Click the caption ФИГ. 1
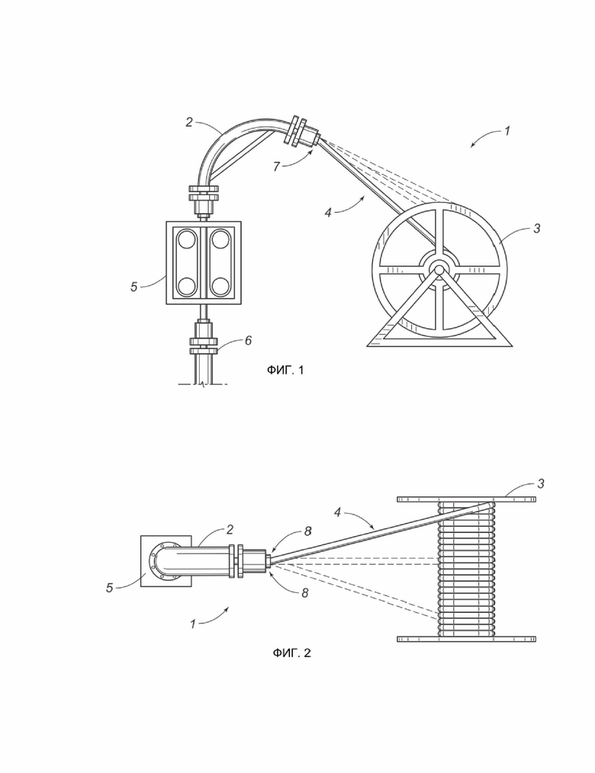coord(285,370)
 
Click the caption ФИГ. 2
coord(291,653)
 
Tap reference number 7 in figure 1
coord(277,167)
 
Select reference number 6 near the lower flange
coord(248,341)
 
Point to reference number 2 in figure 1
coord(189,122)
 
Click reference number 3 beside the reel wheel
coord(537,228)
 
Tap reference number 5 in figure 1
coord(133,287)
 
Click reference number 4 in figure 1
coord(328,213)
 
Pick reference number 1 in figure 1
coord(507,130)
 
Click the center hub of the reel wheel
coord(437,268)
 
